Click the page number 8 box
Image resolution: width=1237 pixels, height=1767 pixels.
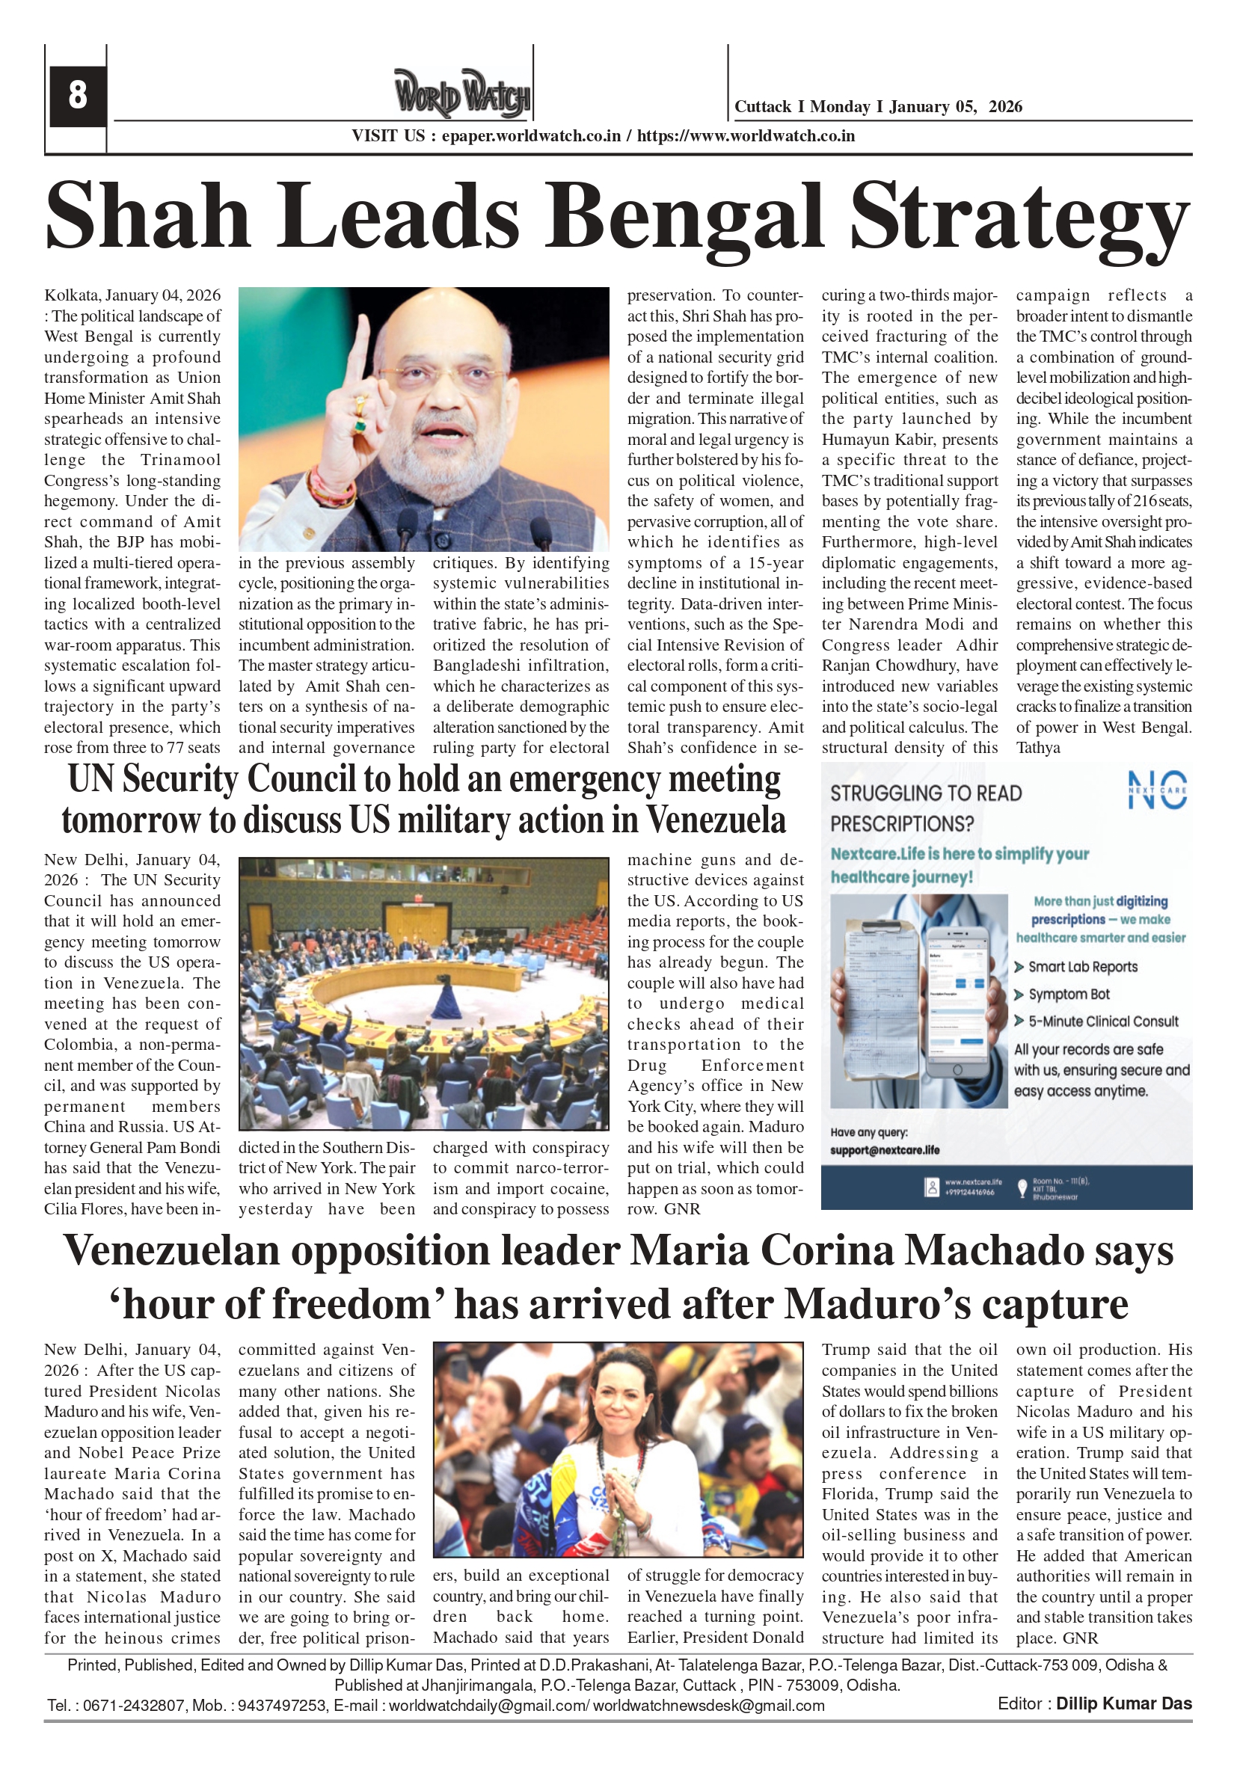(78, 96)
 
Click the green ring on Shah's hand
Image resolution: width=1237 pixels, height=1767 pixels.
(359, 425)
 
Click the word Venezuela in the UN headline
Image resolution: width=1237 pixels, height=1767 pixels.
(715, 820)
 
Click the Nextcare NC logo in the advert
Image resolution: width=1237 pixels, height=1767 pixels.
(1157, 790)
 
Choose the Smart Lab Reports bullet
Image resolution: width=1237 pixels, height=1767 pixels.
(1082, 967)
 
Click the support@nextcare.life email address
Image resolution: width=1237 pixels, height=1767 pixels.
(885, 1150)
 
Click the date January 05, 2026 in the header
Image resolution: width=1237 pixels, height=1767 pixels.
(955, 107)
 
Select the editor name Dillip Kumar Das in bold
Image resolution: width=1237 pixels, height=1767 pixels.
(1123, 1704)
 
